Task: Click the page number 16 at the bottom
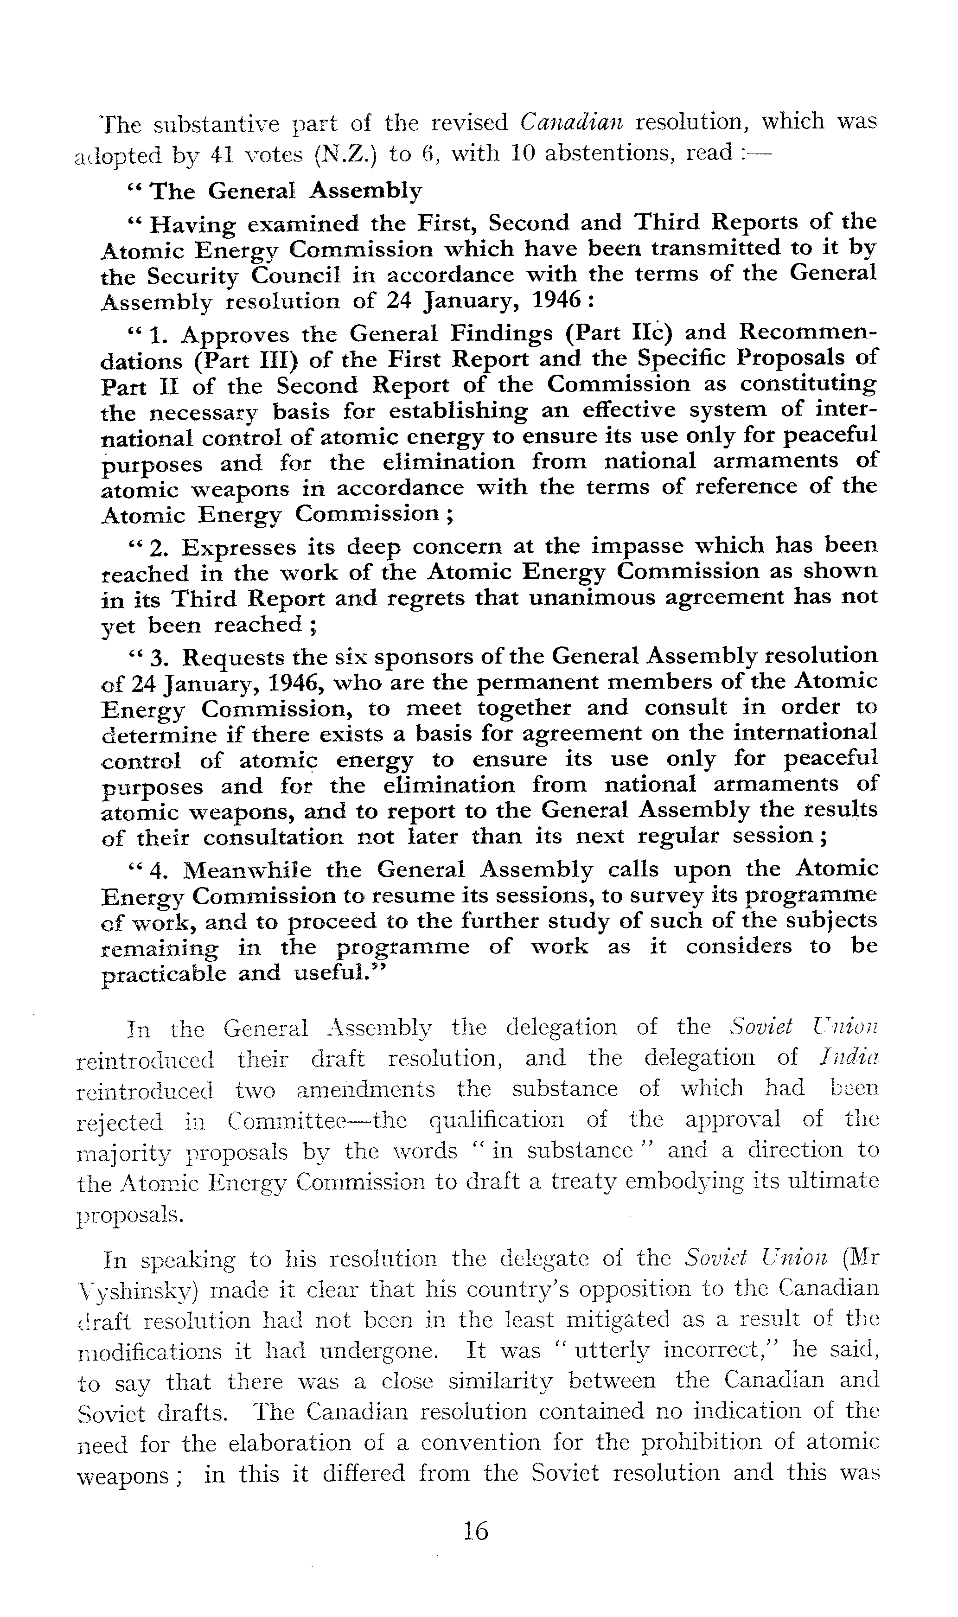pyautogui.click(x=476, y=1530)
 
